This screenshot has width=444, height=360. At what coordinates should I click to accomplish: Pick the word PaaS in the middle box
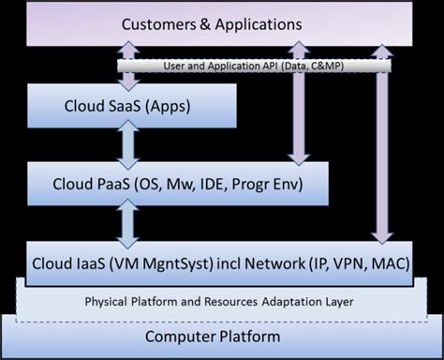(121, 182)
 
